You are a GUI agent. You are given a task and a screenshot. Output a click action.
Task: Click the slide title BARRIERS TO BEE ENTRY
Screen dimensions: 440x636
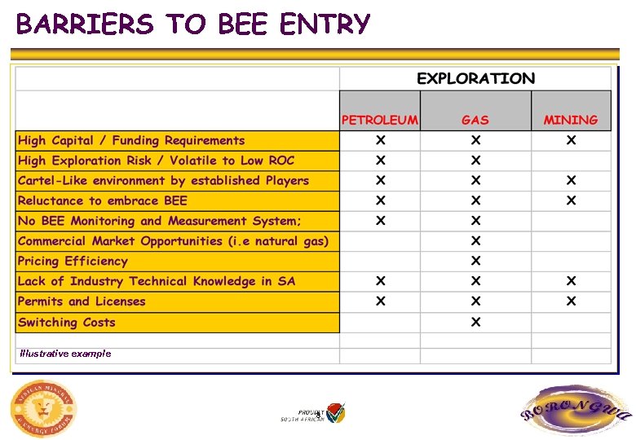pos(193,25)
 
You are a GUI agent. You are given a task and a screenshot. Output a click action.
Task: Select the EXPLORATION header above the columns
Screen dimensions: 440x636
pos(475,79)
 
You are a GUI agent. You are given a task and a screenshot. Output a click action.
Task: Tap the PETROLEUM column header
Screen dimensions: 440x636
pos(380,120)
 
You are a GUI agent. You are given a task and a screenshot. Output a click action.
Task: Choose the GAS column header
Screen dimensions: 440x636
pos(475,120)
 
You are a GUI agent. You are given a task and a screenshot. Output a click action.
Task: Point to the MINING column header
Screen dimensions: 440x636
pos(571,120)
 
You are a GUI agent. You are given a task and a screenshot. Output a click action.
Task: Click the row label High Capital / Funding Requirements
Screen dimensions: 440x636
pos(131,141)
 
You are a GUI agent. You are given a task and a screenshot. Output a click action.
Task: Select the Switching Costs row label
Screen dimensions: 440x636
pos(67,323)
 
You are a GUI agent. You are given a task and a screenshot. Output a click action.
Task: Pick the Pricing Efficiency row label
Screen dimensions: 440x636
pos(73,262)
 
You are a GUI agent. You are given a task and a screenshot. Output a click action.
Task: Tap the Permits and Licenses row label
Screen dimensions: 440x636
pos(82,301)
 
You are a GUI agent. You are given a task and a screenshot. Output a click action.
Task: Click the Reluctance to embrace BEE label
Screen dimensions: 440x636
pos(103,201)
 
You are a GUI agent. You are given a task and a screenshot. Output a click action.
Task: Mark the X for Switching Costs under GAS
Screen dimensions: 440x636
pos(475,322)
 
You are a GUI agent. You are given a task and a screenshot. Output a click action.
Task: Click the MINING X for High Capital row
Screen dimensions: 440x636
pos(571,140)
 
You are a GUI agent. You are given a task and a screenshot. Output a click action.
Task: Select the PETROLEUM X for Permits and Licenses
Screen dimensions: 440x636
pos(380,301)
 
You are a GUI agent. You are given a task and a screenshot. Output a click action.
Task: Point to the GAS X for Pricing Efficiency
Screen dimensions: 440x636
pos(475,261)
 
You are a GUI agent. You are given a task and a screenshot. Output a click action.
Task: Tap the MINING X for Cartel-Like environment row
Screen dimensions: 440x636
pos(571,180)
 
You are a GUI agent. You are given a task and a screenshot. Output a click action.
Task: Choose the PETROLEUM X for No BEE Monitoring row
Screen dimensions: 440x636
pos(380,221)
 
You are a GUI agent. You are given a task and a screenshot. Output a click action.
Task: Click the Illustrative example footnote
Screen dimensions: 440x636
pos(65,354)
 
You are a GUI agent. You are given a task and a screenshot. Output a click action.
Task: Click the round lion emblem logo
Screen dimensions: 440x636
pos(43,408)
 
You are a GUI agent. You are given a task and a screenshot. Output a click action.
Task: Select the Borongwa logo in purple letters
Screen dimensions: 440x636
pos(576,411)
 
